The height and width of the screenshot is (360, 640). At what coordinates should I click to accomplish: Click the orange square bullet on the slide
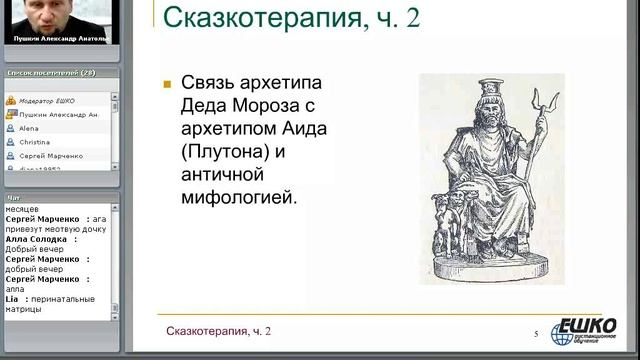click(x=167, y=84)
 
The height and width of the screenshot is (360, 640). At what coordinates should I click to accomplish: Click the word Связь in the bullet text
click(x=212, y=84)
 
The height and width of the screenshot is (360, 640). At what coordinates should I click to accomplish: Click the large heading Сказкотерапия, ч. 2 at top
click(x=290, y=17)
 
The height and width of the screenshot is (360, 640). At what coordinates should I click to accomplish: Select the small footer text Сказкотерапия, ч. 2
click(x=218, y=330)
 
